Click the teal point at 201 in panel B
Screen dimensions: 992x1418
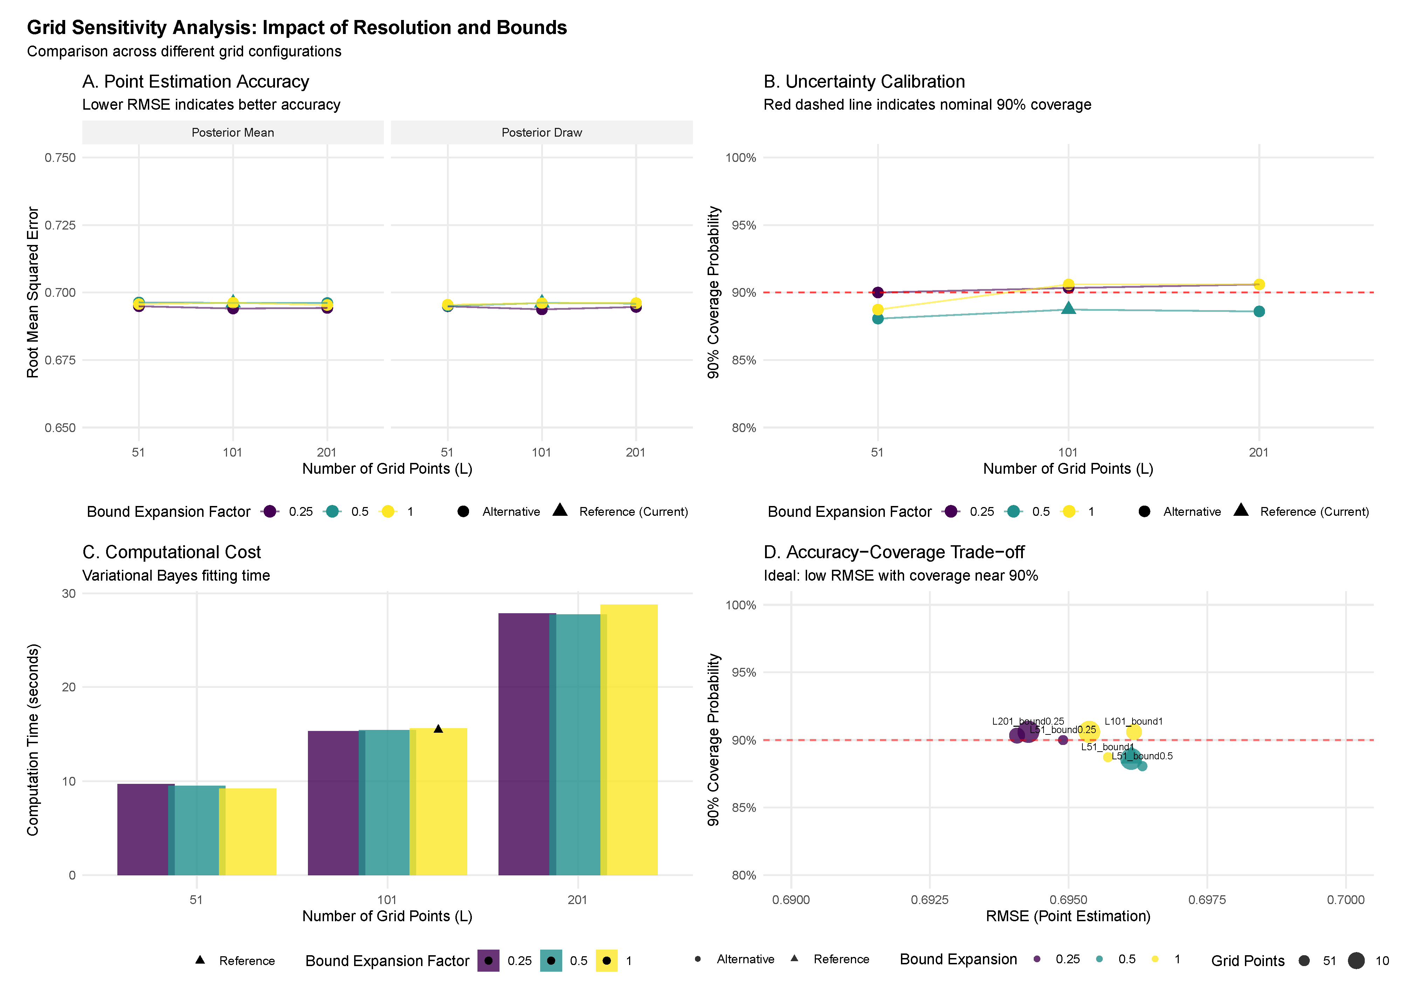point(1259,311)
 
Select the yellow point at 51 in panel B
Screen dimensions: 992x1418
point(877,309)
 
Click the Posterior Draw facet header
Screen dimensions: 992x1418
point(542,132)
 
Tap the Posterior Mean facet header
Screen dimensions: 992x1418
point(233,132)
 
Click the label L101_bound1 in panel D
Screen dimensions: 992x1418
point(1133,721)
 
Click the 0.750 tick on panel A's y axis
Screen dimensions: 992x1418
point(60,158)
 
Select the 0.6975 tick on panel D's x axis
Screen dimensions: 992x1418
point(1207,899)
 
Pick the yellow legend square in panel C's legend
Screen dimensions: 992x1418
point(606,960)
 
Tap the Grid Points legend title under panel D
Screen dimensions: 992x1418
point(1247,960)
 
